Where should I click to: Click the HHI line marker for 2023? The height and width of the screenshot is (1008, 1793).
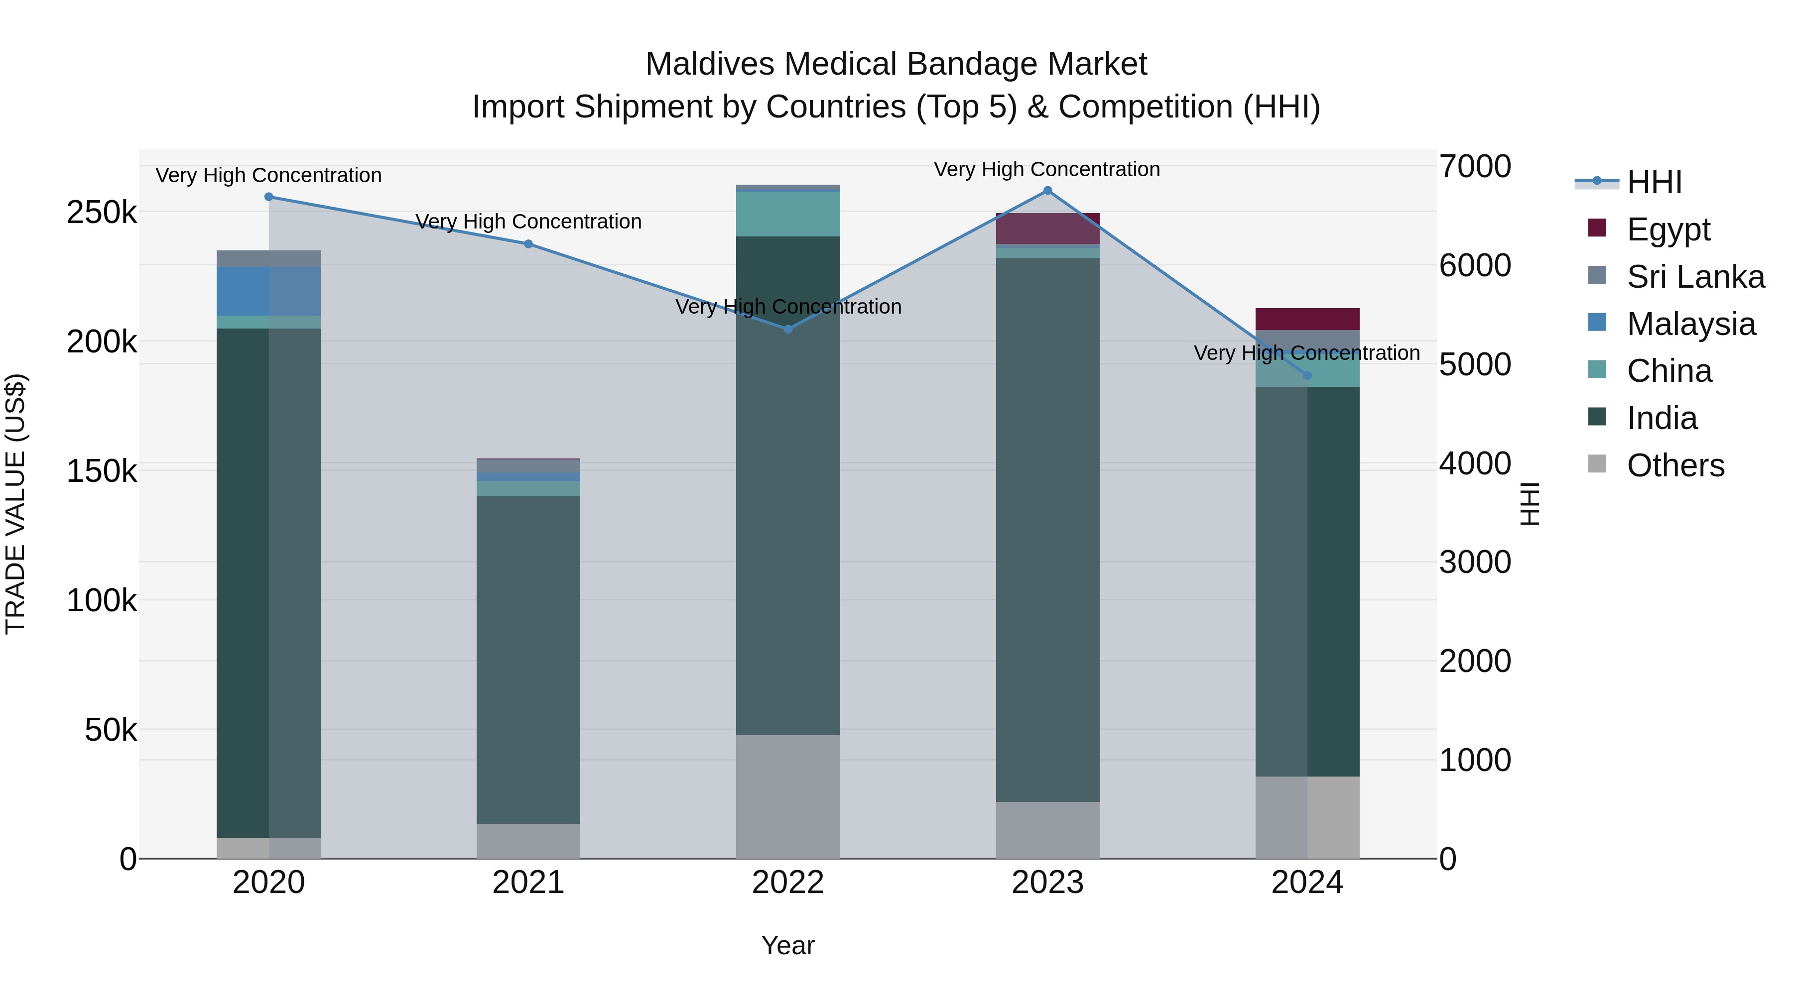coord(1047,191)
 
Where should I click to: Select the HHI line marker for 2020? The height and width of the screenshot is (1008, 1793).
coord(268,197)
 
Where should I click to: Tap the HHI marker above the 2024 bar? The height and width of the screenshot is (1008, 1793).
coord(1307,376)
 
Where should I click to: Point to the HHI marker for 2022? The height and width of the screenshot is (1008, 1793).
coord(788,329)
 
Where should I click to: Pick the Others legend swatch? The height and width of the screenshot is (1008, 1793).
coord(1597,464)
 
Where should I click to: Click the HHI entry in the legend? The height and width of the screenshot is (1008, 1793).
coord(1654,182)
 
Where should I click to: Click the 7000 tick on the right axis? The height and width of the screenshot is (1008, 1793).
coord(1474,167)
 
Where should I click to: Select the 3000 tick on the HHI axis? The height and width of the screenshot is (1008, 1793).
coord(1474,562)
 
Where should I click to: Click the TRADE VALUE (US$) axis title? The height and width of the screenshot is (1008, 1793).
coord(15,504)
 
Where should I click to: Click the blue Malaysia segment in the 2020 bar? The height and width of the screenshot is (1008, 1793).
coord(268,291)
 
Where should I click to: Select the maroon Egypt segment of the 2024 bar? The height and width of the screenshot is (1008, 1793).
coord(1307,319)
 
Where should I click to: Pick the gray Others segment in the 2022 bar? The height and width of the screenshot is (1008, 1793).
coord(788,796)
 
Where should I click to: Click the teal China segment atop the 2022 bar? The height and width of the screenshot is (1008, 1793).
coord(788,214)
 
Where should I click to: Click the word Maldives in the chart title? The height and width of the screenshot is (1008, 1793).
coord(710,64)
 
